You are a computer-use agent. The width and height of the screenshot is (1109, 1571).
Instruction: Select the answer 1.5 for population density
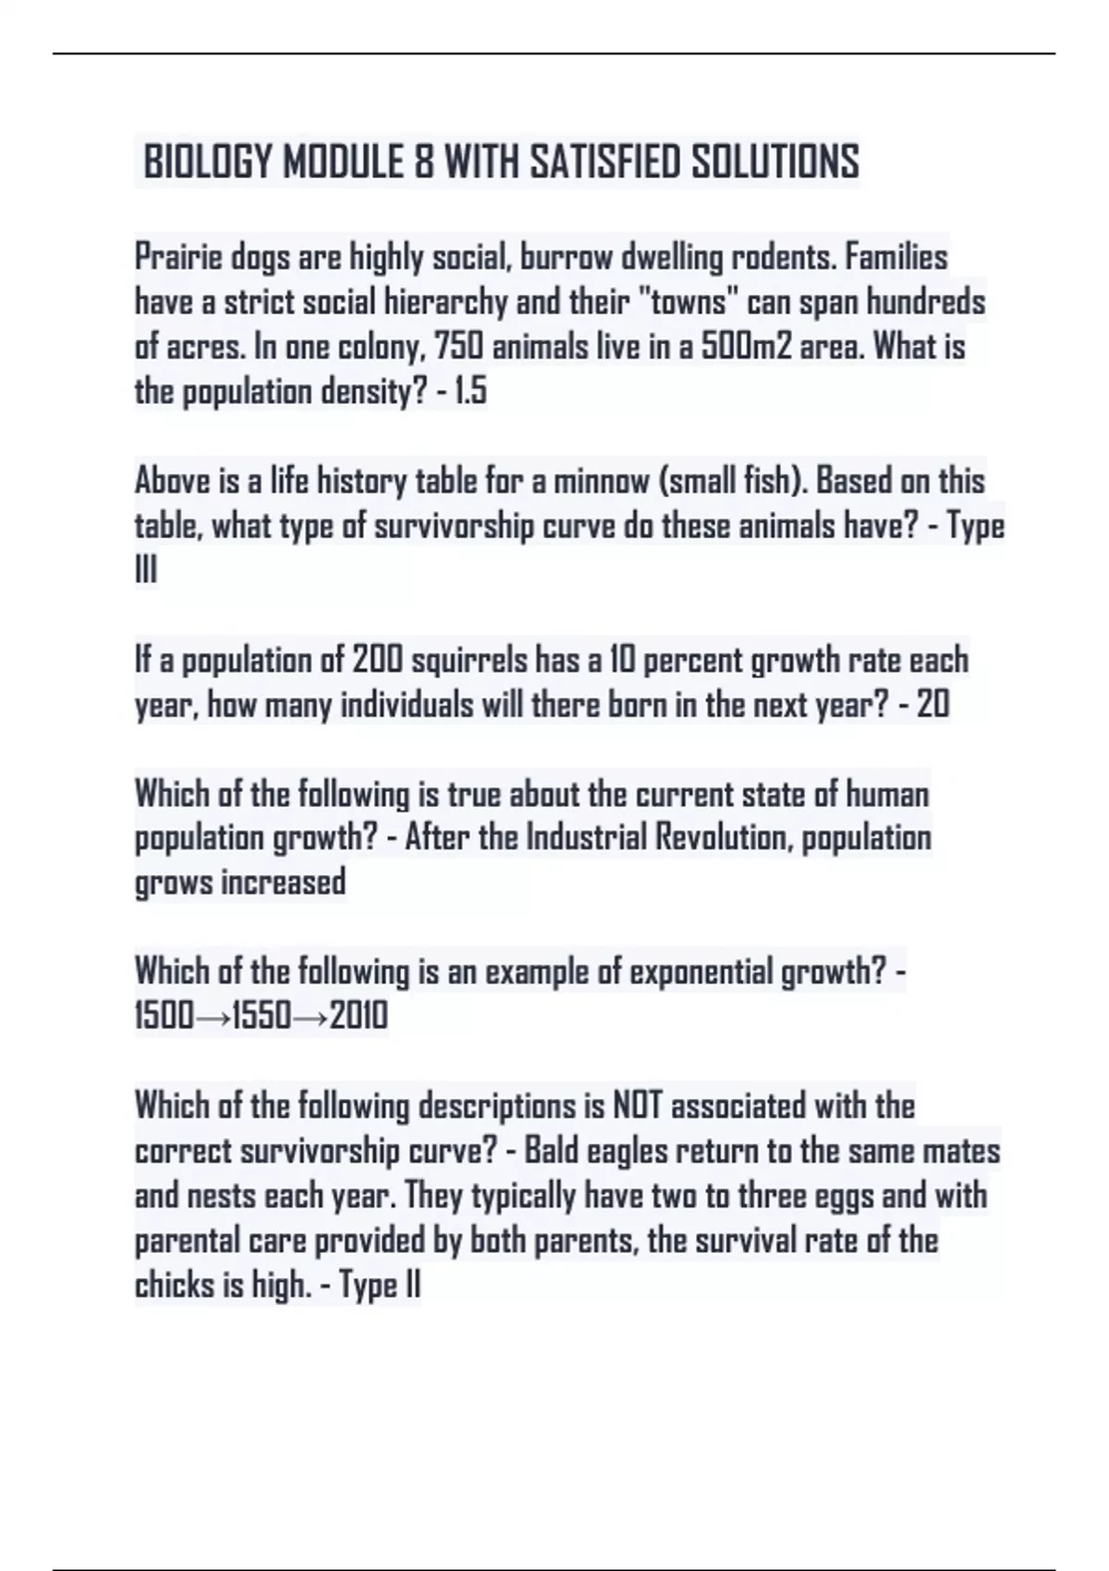470,392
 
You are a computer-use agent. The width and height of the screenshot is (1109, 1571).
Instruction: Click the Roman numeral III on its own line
146,571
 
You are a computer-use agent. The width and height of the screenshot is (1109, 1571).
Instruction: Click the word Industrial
587,838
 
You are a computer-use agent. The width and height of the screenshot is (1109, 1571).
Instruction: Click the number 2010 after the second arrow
359,1017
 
